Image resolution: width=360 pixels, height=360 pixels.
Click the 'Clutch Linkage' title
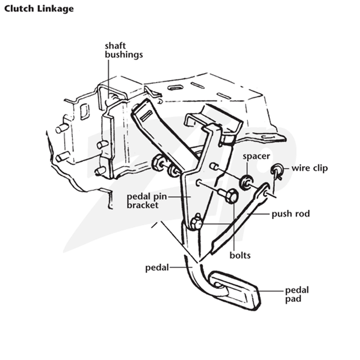pyautogui.click(x=39, y=9)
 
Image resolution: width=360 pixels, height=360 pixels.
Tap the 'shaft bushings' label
pyautogui.click(x=124, y=50)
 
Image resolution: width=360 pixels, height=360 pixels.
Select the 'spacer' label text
pyautogui.click(x=256, y=156)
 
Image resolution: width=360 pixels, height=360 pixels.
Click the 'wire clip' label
pyautogui.click(x=310, y=168)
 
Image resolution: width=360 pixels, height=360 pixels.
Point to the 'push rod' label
pyautogui.click(x=291, y=214)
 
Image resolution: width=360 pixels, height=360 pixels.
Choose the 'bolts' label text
pyautogui.click(x=240, y=255)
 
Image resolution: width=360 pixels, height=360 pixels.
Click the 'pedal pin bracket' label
pyautogui.click(x=147, y=201)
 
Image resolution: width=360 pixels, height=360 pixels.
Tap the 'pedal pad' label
pyautogui.click(x=297, y=295)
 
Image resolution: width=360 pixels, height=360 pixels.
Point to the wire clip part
pyautogui.click(x=277, y=171)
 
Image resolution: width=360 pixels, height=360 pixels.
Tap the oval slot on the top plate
pyautogui.click(x=175, y=87)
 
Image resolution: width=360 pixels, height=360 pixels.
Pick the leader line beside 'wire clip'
pyautogui.click(x=286, y=168)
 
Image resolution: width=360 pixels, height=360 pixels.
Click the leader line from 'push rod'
pyautogui.click(x=259, y=214)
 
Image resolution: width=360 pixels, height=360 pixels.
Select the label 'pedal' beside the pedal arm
pyautogui.click(x=157, y=267)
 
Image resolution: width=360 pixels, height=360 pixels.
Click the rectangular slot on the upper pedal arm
pyautogui.click(x=147, y=116)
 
